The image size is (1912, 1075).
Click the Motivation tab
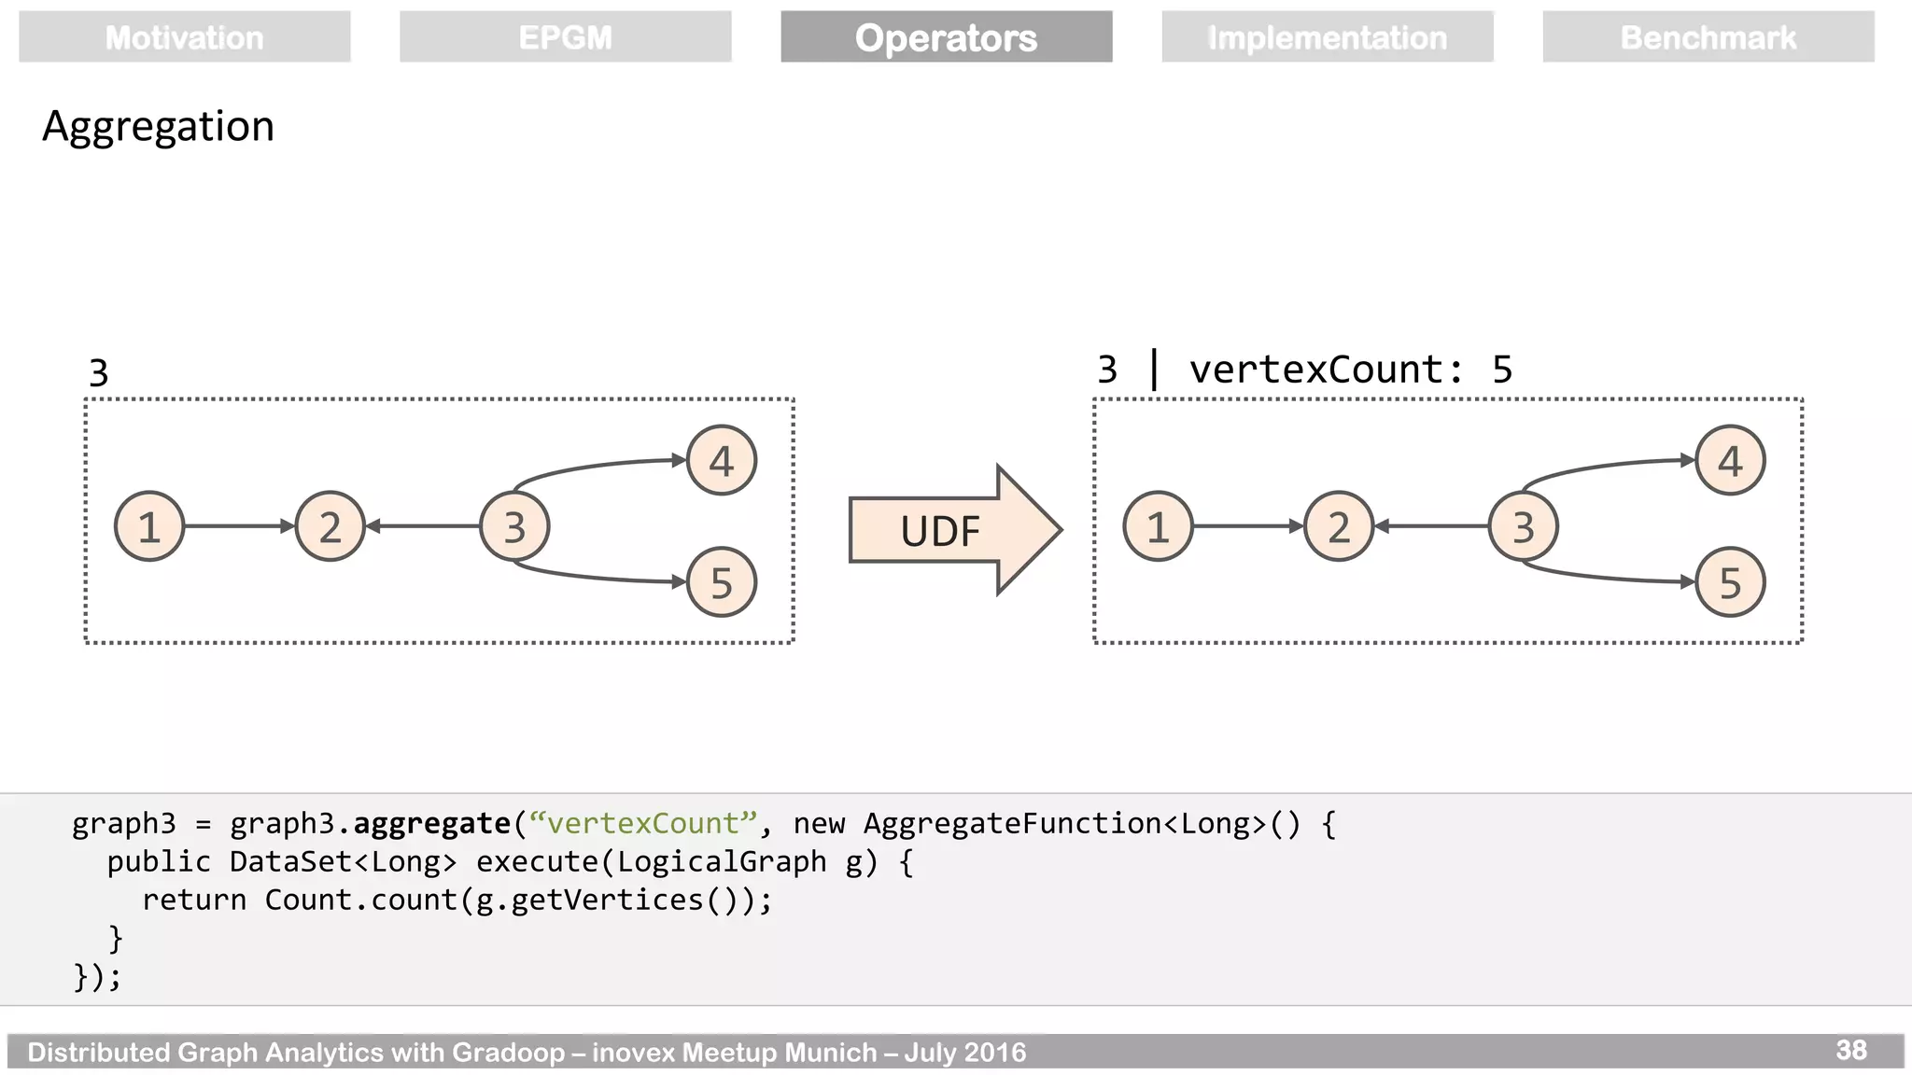184,37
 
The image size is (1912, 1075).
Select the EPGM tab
565,37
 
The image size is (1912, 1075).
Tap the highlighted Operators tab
946,37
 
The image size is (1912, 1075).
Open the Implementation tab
1327,37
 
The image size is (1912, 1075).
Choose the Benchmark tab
1708,37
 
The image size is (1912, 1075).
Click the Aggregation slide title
158,126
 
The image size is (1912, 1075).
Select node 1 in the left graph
149,526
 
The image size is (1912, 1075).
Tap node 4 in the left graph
721,460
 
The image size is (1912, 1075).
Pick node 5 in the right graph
1730,582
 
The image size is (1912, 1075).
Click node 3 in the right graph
1524,526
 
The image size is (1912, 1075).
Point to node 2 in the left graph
330,526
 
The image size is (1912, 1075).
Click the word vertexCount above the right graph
1316,370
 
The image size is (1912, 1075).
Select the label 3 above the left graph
99,373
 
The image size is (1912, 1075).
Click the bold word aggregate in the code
431,823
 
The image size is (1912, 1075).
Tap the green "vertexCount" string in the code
642,823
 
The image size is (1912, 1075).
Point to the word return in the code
194,900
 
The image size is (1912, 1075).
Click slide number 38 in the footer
1850,1051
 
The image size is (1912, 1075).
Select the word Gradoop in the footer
508,1053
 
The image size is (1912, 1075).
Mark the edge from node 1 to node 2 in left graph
239,526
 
